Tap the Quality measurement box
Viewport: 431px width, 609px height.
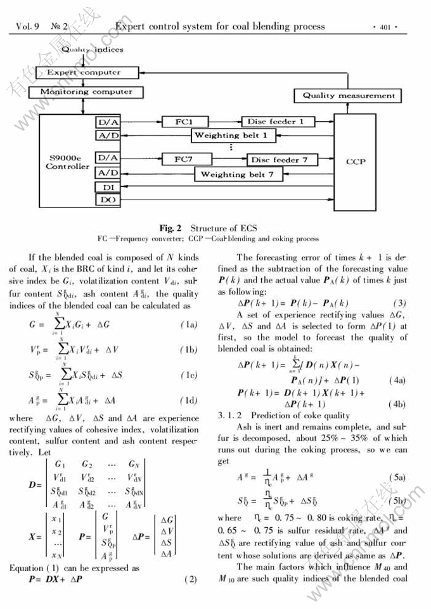coord(348,96)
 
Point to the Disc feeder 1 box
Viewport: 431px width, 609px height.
coord(275,121)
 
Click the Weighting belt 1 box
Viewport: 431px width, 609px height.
coord(231,135)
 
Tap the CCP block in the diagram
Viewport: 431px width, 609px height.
coord(355,161)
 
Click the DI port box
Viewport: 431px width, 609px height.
coord(106,187)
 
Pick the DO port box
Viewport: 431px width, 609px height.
coord(106,200)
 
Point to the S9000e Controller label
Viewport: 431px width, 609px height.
coord(68,162)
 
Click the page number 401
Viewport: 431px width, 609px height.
coord(385,27)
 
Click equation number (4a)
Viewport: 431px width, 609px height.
coord(397,381)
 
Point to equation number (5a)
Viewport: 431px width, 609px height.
coord(397,477)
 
